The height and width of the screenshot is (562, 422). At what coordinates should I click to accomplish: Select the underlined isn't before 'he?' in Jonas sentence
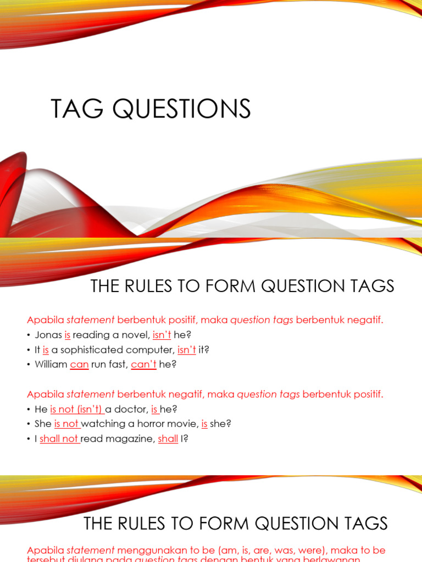click(x=162, y=335)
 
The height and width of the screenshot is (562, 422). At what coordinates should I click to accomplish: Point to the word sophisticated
click(x=89, y=350)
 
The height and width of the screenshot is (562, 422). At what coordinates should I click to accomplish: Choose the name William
click(x=51, y=364)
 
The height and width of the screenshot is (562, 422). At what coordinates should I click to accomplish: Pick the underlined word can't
click(x=144, y=364)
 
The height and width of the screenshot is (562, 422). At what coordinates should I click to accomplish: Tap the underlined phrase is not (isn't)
click(x=76, y=409)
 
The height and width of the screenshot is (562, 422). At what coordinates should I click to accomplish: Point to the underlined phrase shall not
click(x=59, y=439)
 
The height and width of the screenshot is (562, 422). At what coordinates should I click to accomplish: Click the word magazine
click(x=128, y=439)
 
